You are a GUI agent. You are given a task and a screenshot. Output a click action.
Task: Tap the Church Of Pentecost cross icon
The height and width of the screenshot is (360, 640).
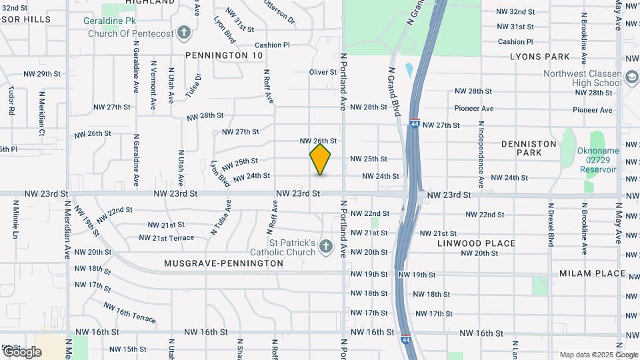185,33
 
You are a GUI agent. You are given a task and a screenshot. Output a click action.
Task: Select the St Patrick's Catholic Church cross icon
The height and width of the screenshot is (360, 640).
326,247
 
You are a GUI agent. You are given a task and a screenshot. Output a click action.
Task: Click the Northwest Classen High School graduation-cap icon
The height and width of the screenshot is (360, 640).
631,78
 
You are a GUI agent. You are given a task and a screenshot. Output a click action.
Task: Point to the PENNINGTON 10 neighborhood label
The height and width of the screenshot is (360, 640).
224,55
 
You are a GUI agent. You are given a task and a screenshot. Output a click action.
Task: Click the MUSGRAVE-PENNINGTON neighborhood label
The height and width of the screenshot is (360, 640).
223,263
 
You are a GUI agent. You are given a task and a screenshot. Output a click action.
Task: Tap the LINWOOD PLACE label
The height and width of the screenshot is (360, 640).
476,243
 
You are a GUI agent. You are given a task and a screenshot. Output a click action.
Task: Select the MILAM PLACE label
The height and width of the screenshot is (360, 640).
592,273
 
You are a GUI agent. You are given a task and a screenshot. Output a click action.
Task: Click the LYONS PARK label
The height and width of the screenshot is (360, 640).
540,57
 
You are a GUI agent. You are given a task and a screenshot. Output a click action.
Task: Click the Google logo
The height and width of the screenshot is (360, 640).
21,351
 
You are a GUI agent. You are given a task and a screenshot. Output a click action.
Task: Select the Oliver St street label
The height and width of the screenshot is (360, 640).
323,72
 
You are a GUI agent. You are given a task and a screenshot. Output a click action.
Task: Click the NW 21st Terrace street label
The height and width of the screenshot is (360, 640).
167,237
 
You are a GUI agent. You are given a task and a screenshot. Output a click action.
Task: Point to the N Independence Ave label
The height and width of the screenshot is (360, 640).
481,154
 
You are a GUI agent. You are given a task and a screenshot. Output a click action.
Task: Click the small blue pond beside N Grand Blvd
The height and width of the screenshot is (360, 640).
409,70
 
